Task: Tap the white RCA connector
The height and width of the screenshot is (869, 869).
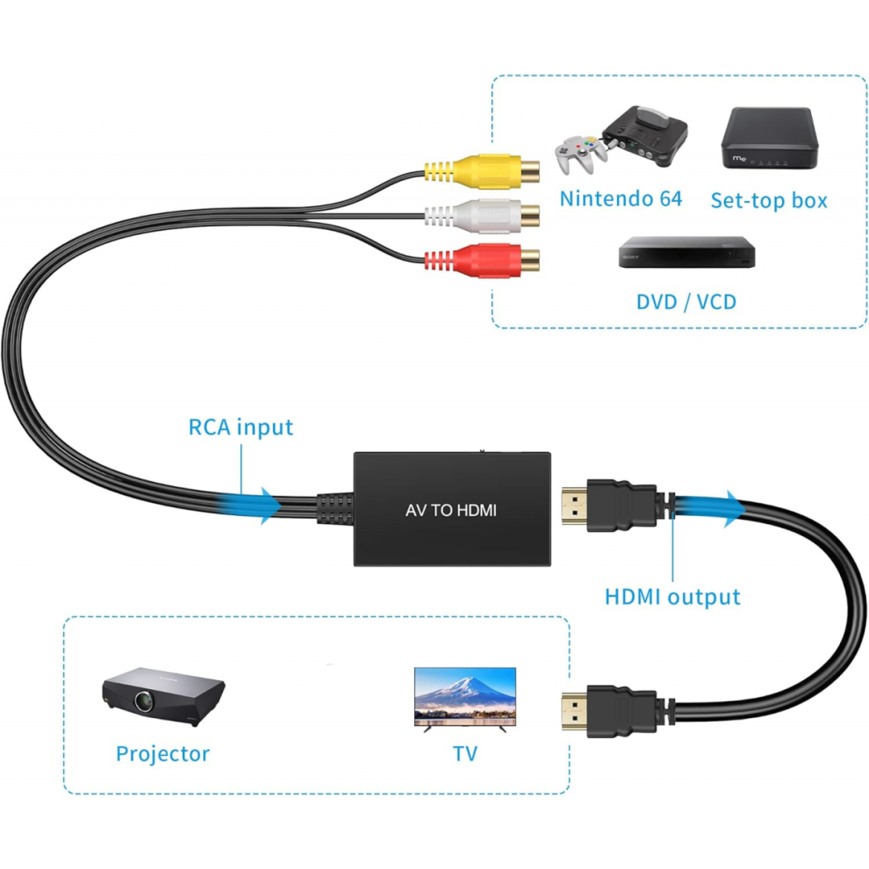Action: pyautogui.click(x=482, y=213)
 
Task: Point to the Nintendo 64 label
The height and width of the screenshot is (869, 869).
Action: pyautogui.click(x=621, y=198)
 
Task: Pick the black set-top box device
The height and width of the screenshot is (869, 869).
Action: pyautogui.click(x=768, y=139)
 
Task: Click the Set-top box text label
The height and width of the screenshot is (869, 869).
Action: pyautogui.click(x=769, y=200)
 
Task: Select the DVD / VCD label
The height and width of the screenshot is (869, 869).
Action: pyautogui.click(x=686, y=302)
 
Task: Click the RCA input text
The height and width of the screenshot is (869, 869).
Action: pyautogui.click(x=241, y=427)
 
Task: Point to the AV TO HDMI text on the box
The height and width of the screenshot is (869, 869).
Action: pyautogui.click(x=451, y=509)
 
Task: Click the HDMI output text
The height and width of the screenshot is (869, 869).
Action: pyautogui.click(x=672, y=597)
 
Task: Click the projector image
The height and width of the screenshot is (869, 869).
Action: pyautogui.click(x=163, y=697)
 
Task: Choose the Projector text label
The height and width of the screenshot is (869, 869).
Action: pyautogui.click(x=163, y=753)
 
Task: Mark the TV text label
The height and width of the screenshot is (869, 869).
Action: pyautogui.click(x=465, y=753)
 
